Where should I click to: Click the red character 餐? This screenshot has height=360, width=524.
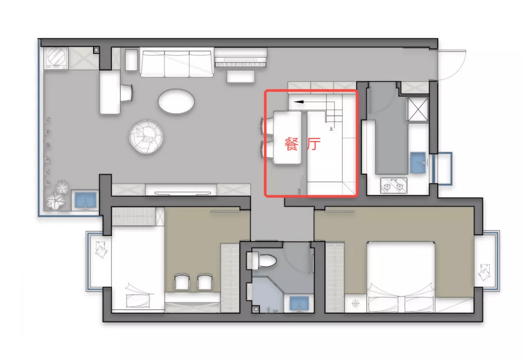point(291,144)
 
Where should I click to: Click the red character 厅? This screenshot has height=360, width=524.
point(314,144)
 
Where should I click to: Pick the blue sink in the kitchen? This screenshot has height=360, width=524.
point(418,163)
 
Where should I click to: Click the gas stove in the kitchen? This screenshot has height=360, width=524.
point(394,185)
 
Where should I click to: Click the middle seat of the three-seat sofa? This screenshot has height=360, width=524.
point(177,64)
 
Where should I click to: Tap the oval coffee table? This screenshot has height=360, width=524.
point(176,101)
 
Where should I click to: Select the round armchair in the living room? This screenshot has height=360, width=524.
point(146,137)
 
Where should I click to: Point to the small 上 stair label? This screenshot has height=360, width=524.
point(331,128)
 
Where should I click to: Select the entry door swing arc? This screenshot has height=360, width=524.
point(460,69)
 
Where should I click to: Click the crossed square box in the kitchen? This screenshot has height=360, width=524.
point(417,109)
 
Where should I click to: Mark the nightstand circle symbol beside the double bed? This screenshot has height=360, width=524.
point(355,303)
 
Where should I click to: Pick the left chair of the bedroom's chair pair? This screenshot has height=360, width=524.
point(182,282)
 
